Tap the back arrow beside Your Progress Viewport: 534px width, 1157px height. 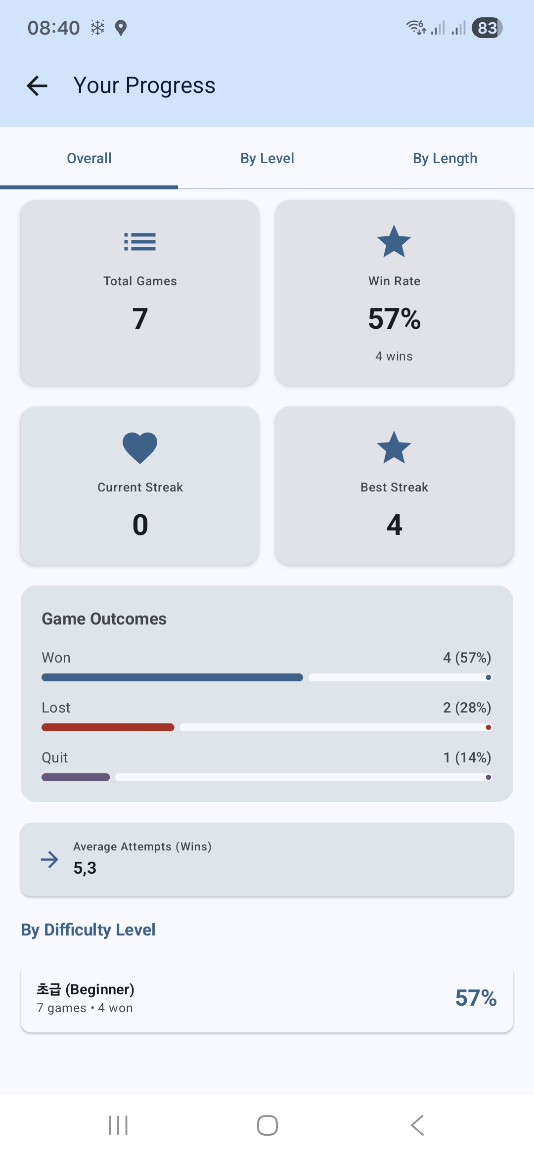pos(37,86)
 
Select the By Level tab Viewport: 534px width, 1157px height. pos(267,158)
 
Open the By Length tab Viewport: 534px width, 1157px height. pos(445,158)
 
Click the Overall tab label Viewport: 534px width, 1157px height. pos(89,158)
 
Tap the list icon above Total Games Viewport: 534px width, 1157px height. pos(140,242)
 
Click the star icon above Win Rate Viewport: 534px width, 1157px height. pos(394,242)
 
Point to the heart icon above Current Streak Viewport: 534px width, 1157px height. pos(140,447)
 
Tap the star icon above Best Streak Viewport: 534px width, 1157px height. pos(394,447)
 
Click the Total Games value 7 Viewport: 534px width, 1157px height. pos(140,318)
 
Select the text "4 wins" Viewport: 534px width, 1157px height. pos(394,356)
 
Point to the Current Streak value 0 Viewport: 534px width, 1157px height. pos(140,525)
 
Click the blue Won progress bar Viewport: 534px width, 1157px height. pos(172,677)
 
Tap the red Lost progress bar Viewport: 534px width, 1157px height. pos(108,727)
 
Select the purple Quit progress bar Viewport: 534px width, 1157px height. pos(76,777)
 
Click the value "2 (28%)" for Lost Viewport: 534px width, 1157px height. pos(467,708)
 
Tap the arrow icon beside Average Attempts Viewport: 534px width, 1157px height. pos(49,859)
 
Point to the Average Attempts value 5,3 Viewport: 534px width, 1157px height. pos(85,868)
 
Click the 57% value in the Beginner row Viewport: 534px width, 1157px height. pos(476,998)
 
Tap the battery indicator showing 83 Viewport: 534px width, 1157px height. pos(487,28)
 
